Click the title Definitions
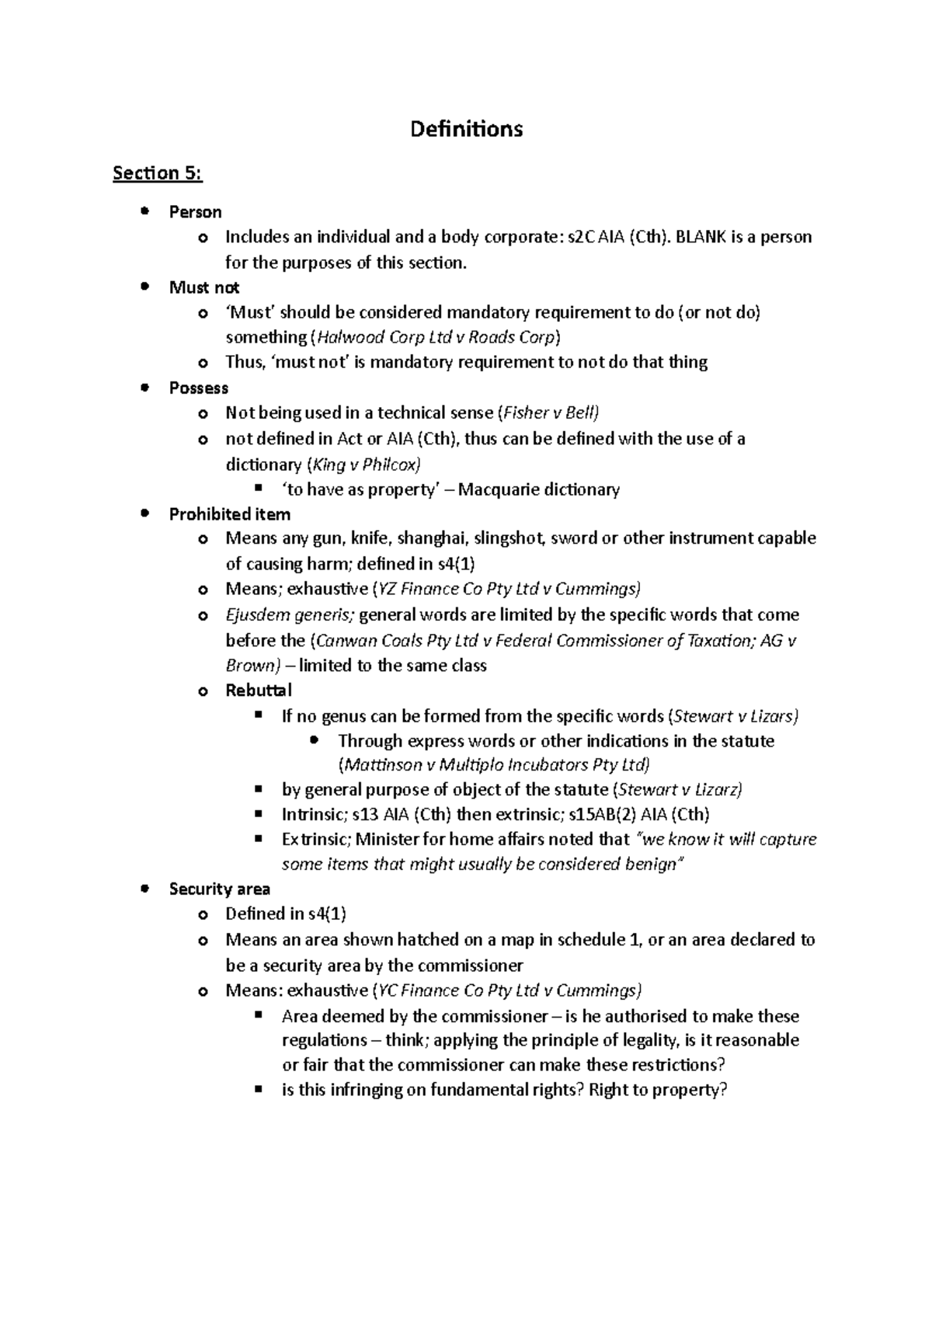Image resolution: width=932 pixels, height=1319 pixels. (x=466, y=129)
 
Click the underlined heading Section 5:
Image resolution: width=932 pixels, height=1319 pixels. (x=157, y=173)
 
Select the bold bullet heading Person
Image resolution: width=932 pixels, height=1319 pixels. (x=195, y=212)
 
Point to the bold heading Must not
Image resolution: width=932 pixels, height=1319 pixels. (x=203, y=287)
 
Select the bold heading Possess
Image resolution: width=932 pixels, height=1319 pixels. (x=198, y=388)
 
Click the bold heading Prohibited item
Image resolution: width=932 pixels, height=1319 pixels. (x=229, y=514)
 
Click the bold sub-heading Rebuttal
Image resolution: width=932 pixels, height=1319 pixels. (x=258, y=691)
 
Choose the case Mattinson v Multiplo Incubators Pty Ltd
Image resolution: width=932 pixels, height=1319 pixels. (x=495, y=765)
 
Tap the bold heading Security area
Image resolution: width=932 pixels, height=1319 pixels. (x=219, y=889)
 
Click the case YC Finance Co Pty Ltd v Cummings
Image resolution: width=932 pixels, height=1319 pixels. (x=508, y=991)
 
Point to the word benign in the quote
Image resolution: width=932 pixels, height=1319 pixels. (x=651, y=865)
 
